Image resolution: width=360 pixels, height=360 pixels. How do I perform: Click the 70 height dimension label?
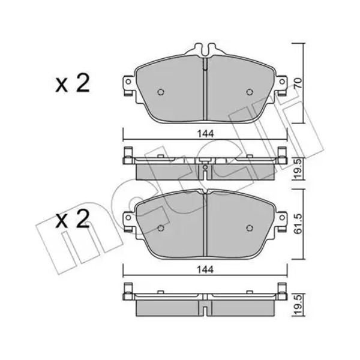pyautogui.click(x=298, y=83)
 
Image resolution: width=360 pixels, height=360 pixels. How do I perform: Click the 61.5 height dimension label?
pyautogui.click(x=298, y=224)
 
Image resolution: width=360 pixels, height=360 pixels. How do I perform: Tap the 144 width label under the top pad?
pyautogui.click(x=205, y=134)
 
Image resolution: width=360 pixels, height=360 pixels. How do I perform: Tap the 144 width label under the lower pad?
pyautogui.click(x=205, y=270)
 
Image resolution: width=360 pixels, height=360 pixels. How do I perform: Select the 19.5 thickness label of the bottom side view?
pyautogui.click(x=298, y=305)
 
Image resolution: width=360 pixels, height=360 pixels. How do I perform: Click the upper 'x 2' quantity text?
pyautogui.click(x=73, y=84)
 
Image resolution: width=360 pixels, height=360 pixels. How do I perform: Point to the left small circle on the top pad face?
pyautogui.click(x=161, y=92)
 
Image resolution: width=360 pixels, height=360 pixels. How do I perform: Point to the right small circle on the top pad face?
pyautogui.click(x=250, y=92)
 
